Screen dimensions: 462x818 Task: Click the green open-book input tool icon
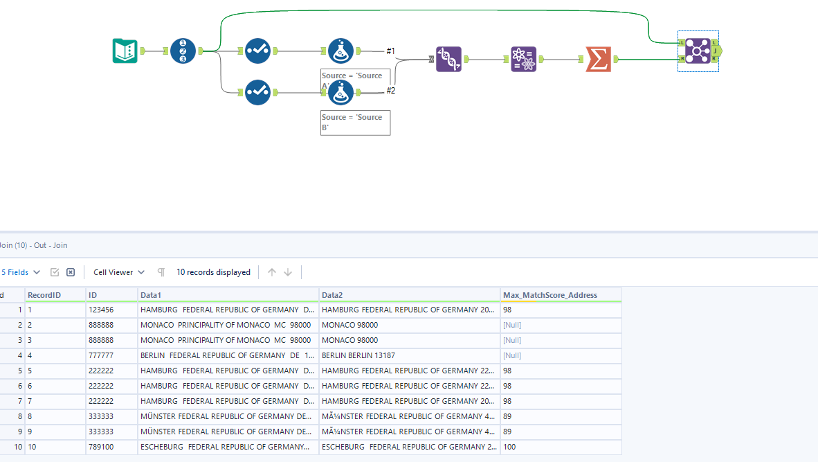(125, 51)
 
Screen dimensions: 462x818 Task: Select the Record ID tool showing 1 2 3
(183, 51)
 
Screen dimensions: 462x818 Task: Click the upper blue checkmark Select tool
(257, 51)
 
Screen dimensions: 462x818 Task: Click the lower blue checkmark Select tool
(257, 92)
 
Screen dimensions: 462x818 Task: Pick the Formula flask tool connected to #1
(340, 51)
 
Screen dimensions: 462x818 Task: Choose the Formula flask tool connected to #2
(340, 92)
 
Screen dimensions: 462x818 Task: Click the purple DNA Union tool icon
(448, 60)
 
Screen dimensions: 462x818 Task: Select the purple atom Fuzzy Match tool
(523, 60)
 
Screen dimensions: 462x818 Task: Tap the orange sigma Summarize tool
(598, 60)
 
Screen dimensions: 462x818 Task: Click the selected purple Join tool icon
(698, 51)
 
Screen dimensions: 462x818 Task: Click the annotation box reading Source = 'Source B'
(355, 123)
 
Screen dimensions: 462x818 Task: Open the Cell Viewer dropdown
(119, 272)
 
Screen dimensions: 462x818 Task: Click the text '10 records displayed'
(213, 272)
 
